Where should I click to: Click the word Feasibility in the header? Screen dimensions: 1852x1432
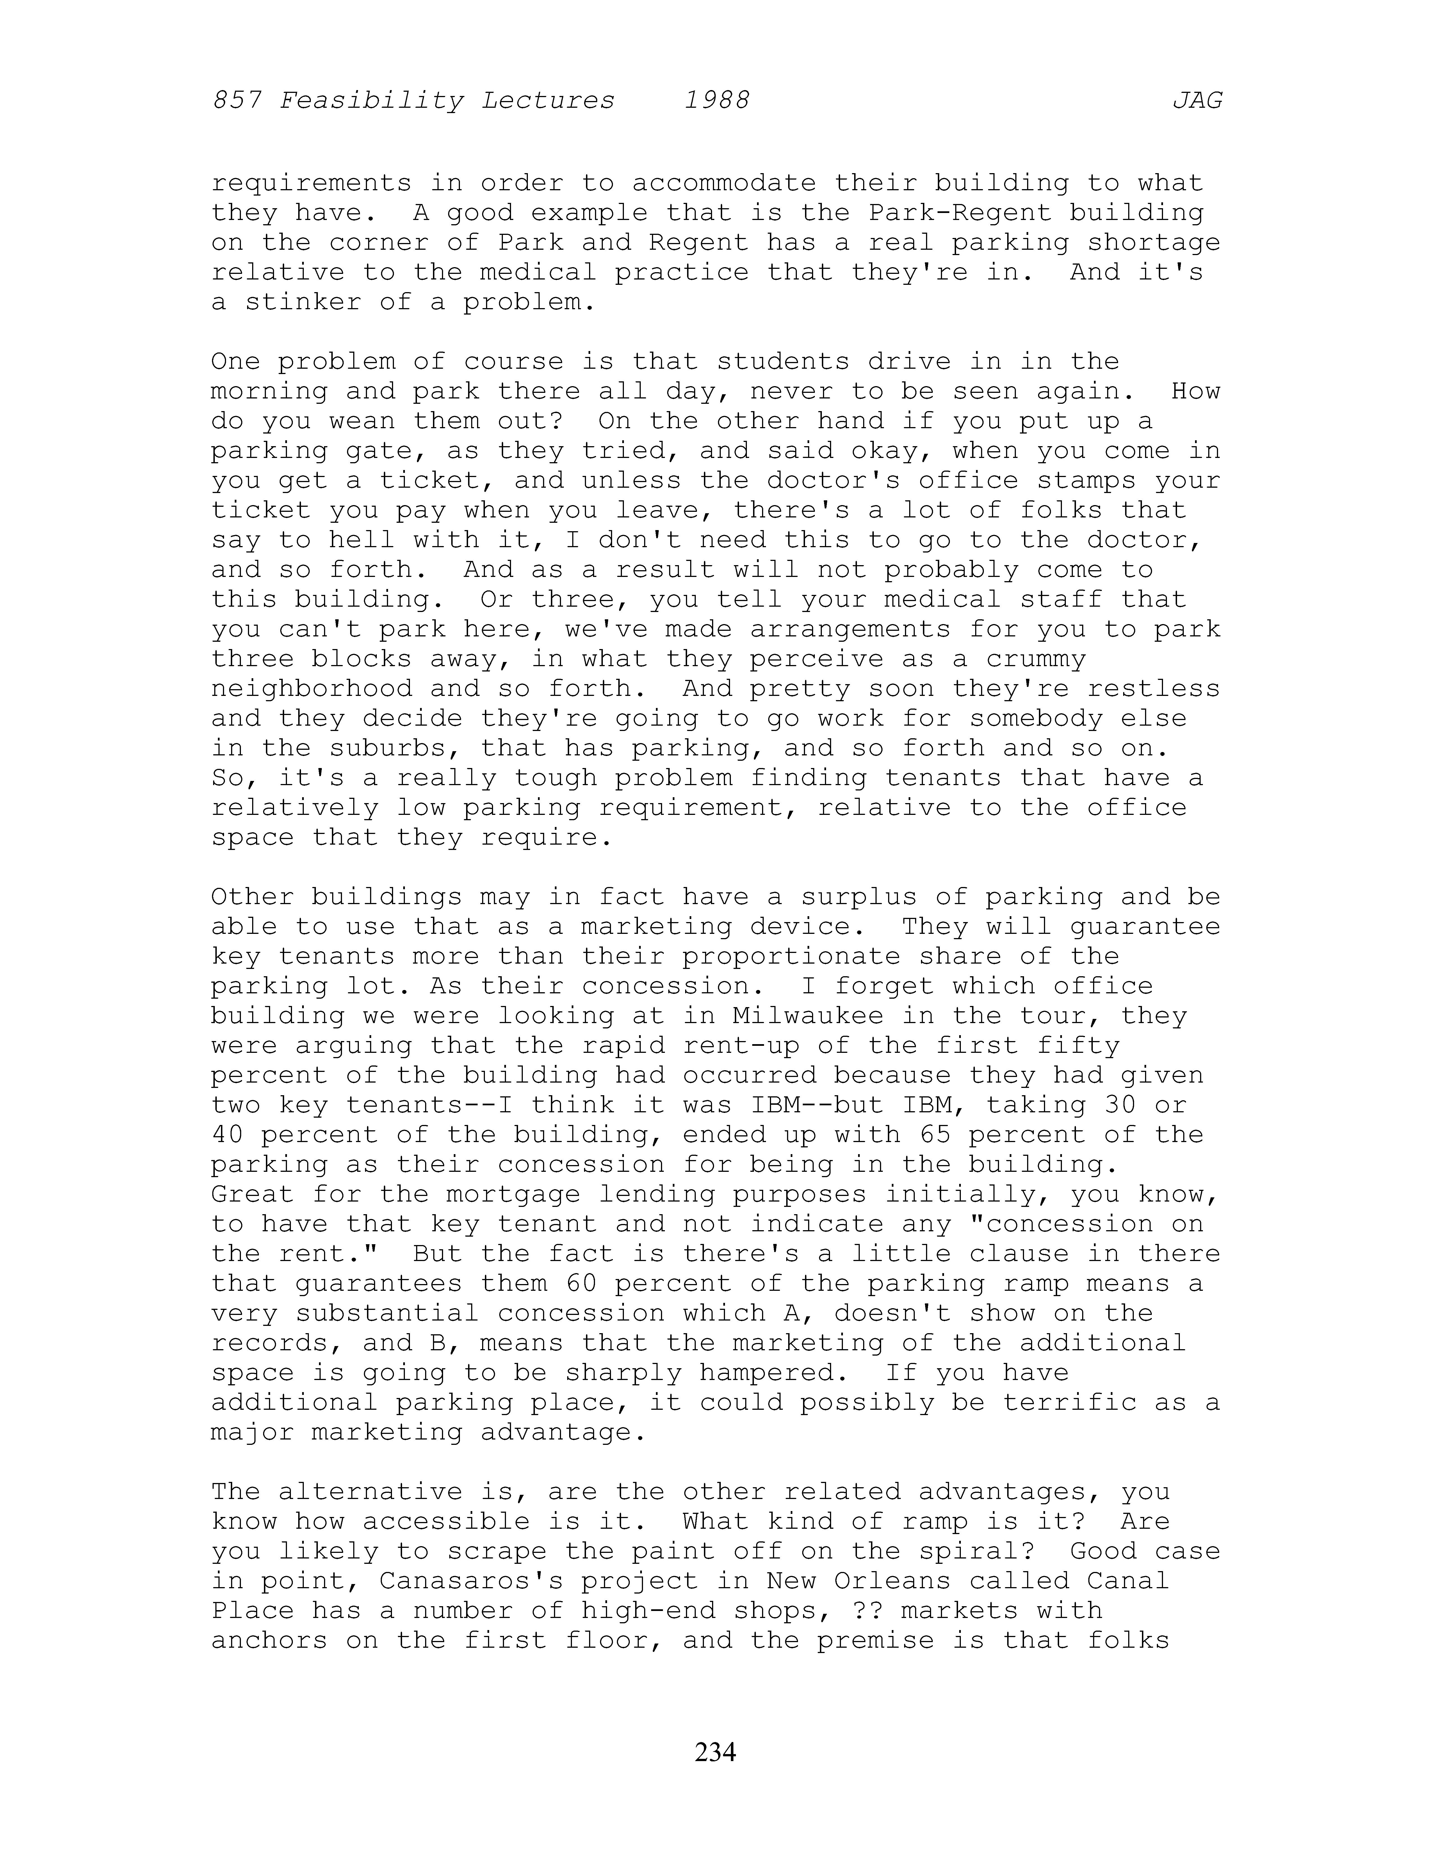(x=371, y=101)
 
